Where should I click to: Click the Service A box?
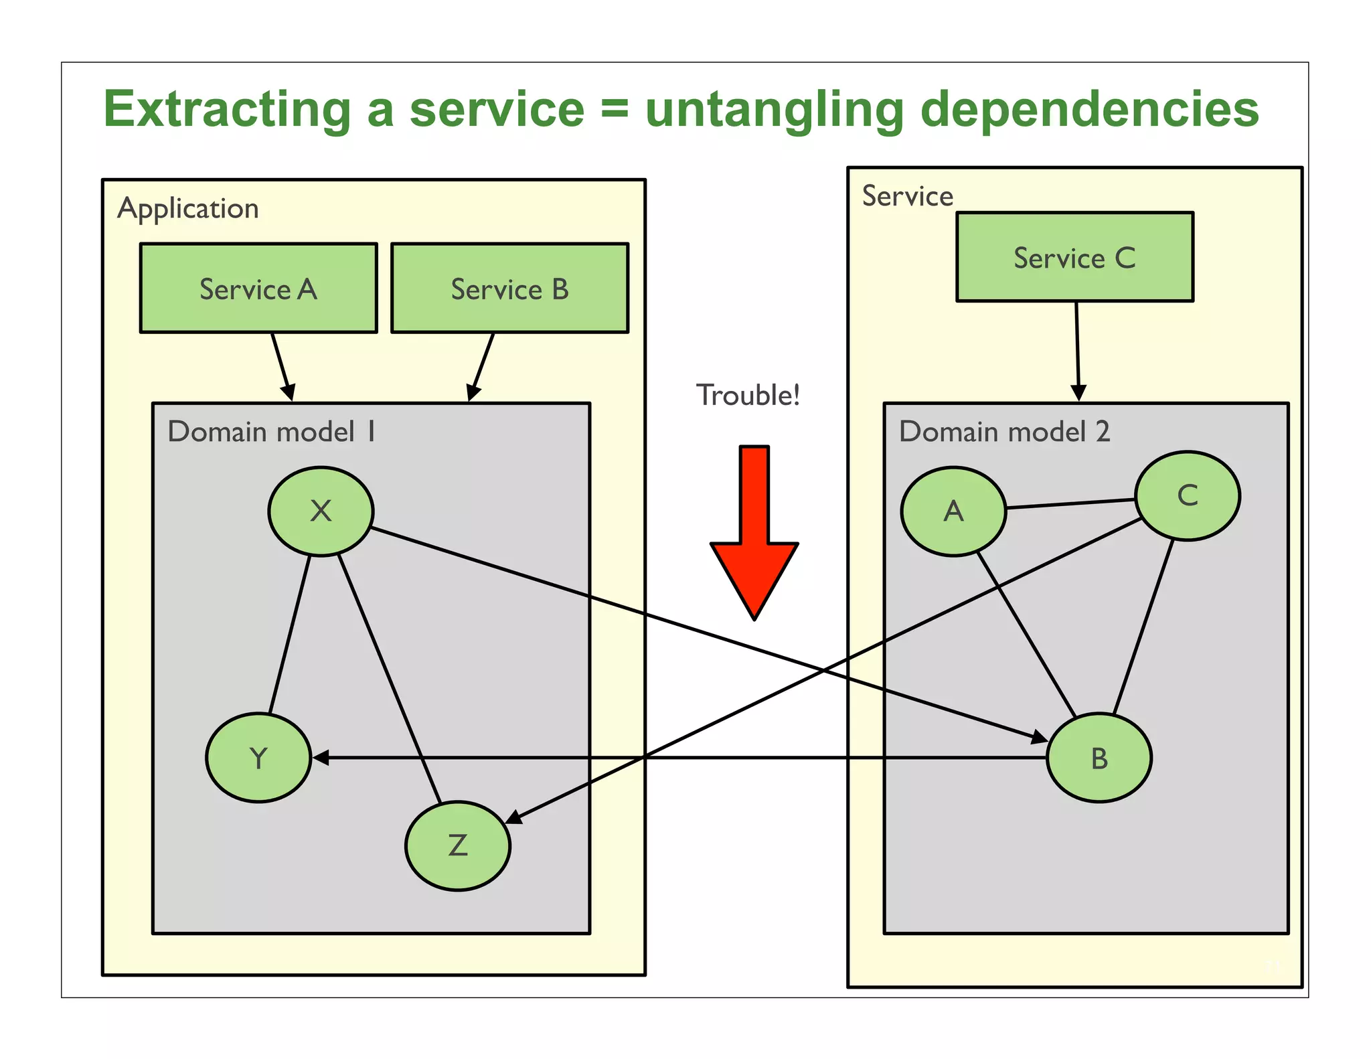click(x=258, y=288)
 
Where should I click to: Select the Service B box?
click(x=509, y=288)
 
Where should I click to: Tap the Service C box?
click(x=1074, y=257)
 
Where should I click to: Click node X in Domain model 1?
click(x=321, y=511)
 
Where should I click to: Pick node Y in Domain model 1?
click(x=258, y=757)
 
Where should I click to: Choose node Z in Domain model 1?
click(x=458, y=845)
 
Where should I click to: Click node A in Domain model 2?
click(x=953, y=511)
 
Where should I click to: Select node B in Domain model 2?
click(x=1099, y=757)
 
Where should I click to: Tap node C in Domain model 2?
click(x=1188, y=495)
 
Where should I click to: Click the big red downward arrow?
click(x=754, y=536)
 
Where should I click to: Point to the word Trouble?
click(x=748, y=395)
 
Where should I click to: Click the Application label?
click(x=188, y=209)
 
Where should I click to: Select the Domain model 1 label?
click(x=271, y=432)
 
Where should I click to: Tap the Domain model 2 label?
click(x=1004, y=432)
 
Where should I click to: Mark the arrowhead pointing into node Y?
click(x=321, y=758)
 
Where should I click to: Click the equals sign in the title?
click(x=615, y=109)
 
